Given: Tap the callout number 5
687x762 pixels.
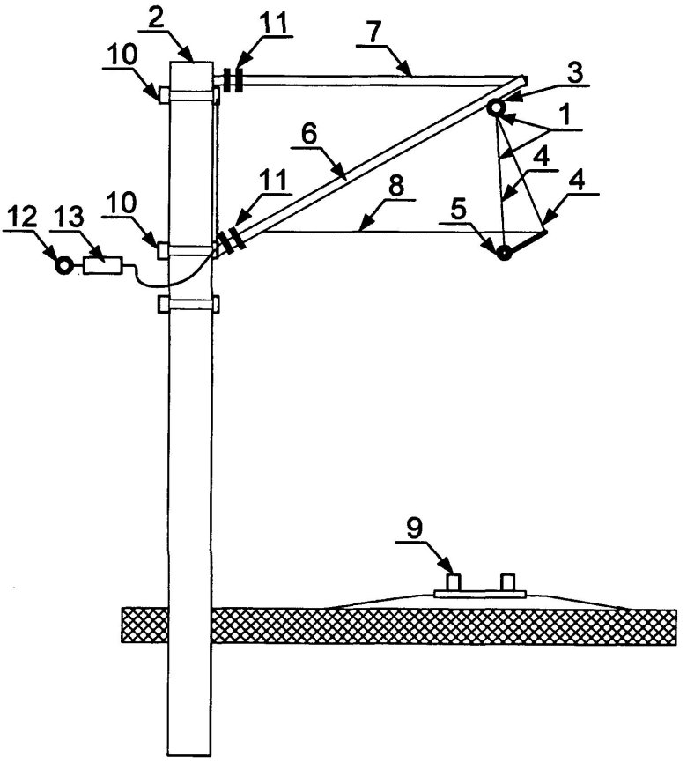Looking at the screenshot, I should coord(483,213).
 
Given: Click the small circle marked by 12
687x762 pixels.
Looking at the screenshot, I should coord(63,265).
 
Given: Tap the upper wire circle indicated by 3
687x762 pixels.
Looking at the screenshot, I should coord(496,107).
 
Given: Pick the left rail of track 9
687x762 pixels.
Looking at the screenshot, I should coord(454,582).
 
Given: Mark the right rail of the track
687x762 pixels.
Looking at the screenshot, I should coord(507,582).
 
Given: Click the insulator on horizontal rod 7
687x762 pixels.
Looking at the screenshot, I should coord(233,80).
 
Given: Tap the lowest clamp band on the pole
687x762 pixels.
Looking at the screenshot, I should coord(188,305).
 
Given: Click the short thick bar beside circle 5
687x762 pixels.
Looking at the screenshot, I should coord(527,242).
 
